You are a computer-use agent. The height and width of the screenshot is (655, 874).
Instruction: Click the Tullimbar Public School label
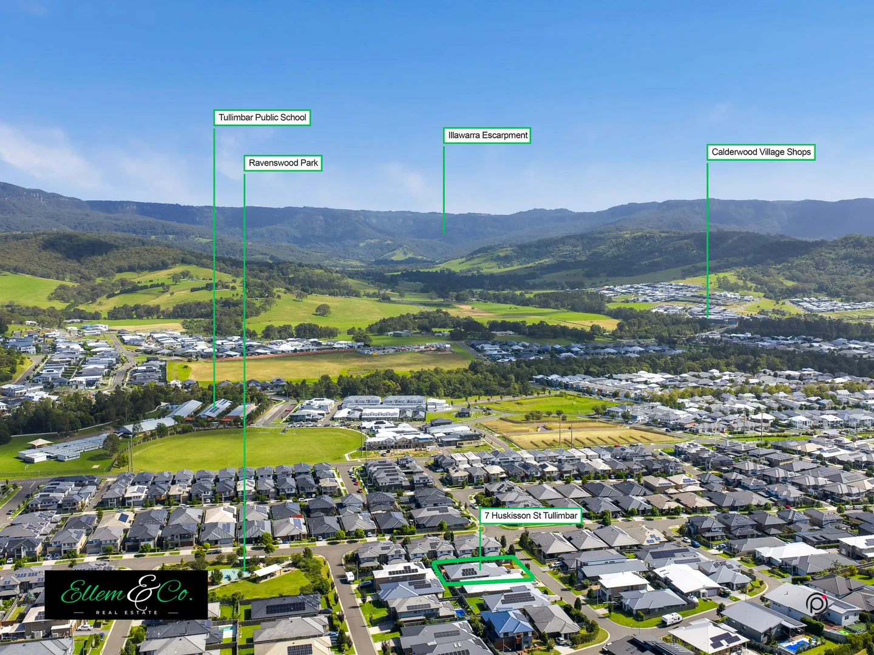point(262,118)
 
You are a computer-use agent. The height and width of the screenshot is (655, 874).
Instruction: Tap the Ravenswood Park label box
point(283,163)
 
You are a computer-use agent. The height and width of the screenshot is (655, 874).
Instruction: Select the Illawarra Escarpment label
point(487,135)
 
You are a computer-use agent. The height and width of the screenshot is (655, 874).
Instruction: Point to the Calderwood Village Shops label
point(761,152)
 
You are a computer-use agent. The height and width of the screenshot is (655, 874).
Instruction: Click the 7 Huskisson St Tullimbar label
point(530,516)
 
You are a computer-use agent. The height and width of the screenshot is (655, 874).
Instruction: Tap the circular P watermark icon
point(817,604)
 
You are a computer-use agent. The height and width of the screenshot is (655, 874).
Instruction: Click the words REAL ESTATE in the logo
point(126,613)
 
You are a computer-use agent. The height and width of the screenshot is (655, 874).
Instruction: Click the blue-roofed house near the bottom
point(506,623)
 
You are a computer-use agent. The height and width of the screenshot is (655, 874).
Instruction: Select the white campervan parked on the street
point(671,619)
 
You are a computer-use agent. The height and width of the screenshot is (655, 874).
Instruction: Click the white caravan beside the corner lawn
point(349,576)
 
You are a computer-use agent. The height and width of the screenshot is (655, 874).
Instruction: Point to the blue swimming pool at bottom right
point(794,644)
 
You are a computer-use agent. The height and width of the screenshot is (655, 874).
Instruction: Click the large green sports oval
point(243,449)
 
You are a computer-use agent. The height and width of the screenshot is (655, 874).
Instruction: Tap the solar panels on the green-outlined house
point(469,571)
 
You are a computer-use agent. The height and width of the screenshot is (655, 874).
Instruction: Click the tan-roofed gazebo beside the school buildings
point(39,443)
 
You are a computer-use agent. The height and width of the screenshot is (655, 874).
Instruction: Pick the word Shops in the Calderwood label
point(799,152)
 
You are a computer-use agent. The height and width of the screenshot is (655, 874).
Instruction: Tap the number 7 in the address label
point(487,516)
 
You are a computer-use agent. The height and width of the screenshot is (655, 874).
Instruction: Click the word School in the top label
point(293,118)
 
